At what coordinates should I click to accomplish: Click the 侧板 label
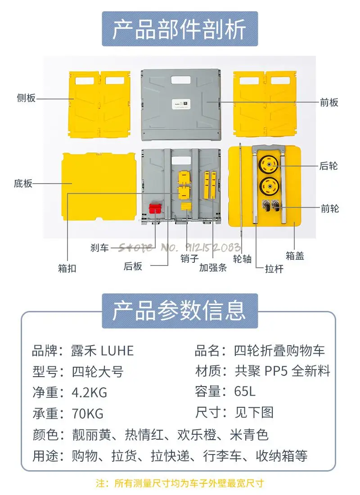(x=26, y=99)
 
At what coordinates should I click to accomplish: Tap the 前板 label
(x=329, y=103)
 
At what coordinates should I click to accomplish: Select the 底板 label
(x=23, y=184)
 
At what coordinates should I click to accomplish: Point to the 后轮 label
(x=328, y=166)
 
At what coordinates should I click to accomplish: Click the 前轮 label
(x=329, y=208)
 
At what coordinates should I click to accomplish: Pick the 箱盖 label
(x=295, y=256)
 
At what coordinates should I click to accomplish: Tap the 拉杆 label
(x=274, y=269)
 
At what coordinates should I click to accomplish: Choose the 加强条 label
(x=213, y=268)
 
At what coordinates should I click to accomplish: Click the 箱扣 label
(x=67, y=268)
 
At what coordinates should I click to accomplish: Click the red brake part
(x=155, y=208)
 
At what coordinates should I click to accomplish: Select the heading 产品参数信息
(x=180, y=310)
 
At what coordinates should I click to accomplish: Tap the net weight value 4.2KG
(x=90, y=392)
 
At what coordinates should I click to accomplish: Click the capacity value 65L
(x=245, y=391)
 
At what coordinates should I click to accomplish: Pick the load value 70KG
(x=88, y=413)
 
